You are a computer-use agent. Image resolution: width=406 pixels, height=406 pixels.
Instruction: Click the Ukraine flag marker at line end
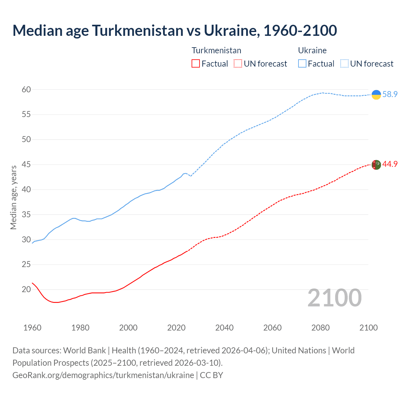376,95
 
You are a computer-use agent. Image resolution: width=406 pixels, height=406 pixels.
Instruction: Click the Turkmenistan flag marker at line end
376,165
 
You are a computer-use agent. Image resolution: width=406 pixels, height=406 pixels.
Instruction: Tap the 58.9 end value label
390,95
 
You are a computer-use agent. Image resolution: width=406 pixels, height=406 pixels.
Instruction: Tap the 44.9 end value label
390,164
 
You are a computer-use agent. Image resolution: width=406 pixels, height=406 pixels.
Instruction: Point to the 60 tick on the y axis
26,90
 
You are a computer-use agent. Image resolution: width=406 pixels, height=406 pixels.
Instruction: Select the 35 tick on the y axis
26,215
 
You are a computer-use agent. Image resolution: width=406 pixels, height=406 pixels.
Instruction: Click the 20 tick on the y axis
26,290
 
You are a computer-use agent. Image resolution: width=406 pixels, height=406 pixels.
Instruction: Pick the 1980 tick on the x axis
80,328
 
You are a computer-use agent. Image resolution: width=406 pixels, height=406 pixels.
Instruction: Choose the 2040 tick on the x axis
224,328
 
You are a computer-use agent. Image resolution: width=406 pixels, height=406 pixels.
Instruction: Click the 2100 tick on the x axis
368,328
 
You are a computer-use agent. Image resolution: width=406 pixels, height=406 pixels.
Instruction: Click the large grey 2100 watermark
335,298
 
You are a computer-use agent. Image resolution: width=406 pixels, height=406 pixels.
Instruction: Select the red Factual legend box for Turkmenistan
196,64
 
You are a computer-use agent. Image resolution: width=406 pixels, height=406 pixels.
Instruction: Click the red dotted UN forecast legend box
238,64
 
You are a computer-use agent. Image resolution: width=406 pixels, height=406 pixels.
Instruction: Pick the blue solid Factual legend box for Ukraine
302,64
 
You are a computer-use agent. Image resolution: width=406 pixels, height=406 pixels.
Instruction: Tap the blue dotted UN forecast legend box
344,64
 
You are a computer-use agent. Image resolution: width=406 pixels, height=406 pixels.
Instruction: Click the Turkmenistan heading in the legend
216,50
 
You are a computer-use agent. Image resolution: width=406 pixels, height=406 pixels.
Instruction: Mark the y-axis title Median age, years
13,197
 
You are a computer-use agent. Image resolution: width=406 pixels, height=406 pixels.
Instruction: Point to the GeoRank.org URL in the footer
103,375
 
